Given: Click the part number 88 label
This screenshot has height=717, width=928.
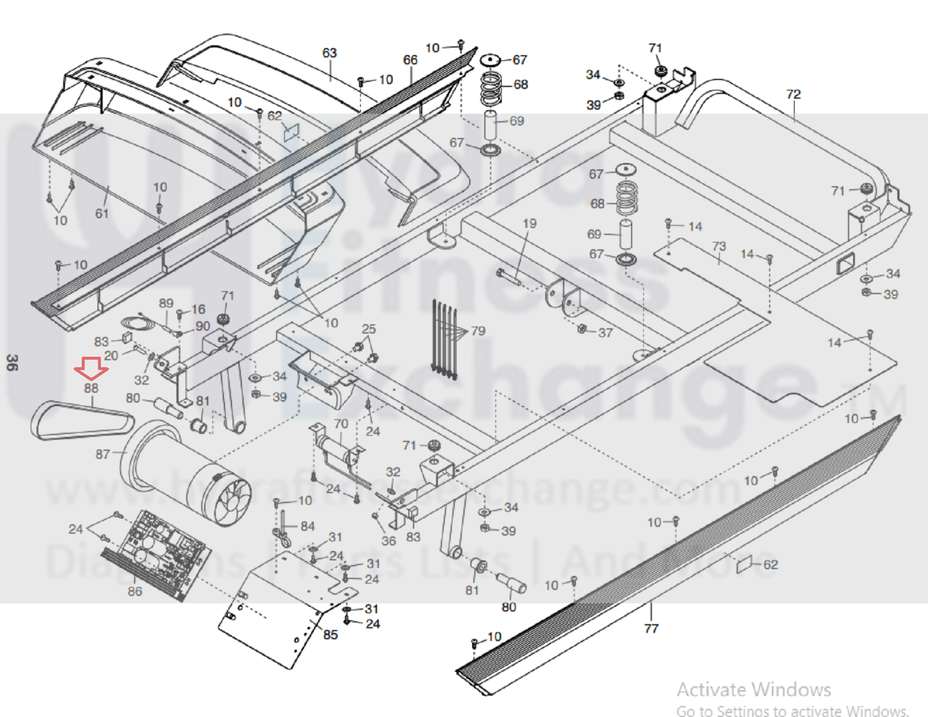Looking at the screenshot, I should pos(91,388).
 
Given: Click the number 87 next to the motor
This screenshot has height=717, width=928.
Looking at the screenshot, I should pos(103,454).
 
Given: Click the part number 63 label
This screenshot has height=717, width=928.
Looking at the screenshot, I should pos(330,53).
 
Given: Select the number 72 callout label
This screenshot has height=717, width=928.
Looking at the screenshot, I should pos(793,94).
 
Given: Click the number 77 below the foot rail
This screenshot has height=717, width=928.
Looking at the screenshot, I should pos(651,628).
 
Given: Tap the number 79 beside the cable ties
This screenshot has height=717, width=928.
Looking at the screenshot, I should pos(478,331).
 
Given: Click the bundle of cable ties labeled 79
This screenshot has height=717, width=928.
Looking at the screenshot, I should pos(444,340).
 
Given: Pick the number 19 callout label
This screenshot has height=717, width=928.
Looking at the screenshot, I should pos(529,224).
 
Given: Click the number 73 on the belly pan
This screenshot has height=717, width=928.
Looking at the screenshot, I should pos(719,246).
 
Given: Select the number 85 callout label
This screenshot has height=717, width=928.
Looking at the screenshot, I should pos(330,635).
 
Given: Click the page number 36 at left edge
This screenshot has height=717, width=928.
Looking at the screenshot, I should pos(12,363).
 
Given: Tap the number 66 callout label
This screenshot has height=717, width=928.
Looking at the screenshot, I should pos(410,60).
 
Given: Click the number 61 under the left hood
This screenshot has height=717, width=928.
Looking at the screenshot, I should pos(102,214).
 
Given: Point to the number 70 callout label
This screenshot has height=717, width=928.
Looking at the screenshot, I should pos(341,424).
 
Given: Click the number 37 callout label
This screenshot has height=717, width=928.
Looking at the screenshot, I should pos(605,333).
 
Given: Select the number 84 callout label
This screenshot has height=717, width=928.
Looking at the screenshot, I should pos(308,526).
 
